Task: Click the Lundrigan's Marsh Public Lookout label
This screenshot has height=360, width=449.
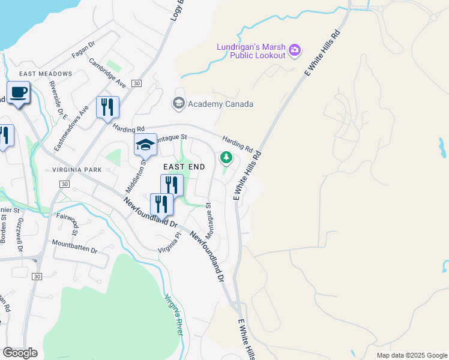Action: tap(250, 52)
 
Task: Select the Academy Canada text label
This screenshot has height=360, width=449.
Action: tap(220, 104)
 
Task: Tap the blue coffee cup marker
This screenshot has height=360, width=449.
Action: tap(18, 93)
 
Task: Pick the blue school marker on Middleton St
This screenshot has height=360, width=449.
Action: tap(145, 145)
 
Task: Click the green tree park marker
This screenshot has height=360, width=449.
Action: tap(226, 158)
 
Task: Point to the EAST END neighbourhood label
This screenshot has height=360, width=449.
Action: tap(184, 166)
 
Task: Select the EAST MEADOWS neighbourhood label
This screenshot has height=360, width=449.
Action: tap(45, 74)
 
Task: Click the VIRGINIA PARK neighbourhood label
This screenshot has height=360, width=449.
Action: tap(76, 170)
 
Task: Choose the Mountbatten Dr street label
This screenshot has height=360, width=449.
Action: tap(74, 245)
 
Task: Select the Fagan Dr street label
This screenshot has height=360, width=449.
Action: tap(83, 46)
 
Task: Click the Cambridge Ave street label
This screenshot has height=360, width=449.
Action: tap(108, 72)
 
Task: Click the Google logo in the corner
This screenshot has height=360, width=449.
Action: tap(20, 353)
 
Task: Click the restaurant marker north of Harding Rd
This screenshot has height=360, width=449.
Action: tap(107, 107)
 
